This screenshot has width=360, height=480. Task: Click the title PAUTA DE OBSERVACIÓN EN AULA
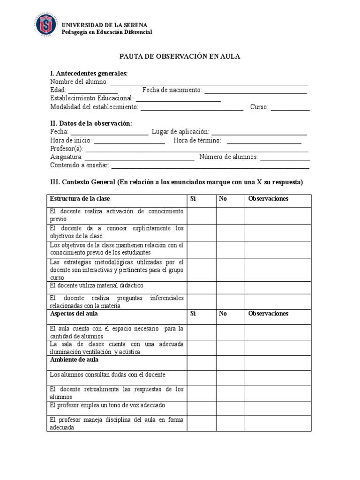[180, 56]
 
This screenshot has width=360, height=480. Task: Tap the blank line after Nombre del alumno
[209, 82]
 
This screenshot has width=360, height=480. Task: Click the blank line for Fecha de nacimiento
[255, 91]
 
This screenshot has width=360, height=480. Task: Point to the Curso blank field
[290, 108]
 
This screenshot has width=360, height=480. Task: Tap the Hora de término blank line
[264, 141]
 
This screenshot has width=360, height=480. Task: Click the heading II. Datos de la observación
[91, 123]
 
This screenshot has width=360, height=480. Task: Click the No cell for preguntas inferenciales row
[230, 301]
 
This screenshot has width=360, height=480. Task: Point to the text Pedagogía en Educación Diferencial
[108, 32]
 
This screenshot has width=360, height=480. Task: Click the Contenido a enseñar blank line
[210, 166]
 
